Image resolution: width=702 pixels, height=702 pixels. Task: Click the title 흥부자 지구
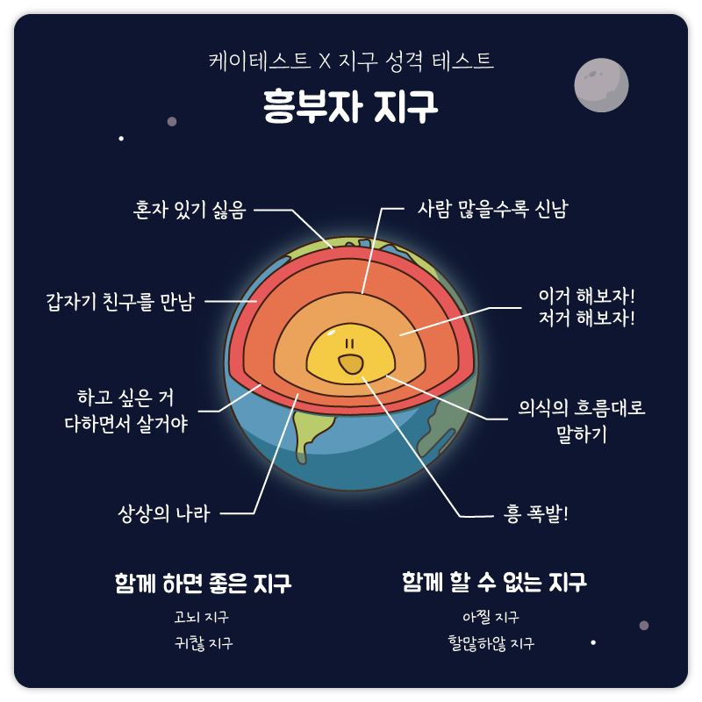click(x=351, y=106)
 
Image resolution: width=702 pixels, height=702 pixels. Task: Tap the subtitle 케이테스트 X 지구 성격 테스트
click(x=351, y=61)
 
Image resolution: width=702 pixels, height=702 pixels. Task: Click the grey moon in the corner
click(x=601, y=85)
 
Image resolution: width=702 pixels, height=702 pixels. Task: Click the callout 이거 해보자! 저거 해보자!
click(x=586, y=306)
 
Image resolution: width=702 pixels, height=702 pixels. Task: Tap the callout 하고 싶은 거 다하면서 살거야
click(x=126, y=411)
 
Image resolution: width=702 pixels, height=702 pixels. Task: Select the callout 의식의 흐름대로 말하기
click(x=581, y=420)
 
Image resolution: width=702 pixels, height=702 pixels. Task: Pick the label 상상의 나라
click(x=164, y=514)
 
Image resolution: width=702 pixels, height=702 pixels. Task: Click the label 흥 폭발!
click(x=537, y=514)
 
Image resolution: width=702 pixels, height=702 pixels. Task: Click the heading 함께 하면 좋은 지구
click(x=203, y=584)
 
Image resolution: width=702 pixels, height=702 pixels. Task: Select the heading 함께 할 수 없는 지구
click(x=494, y=582)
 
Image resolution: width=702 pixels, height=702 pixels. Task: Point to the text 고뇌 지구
click(x=202, y=617)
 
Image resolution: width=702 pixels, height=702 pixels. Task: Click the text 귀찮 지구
click(x=204, y=643)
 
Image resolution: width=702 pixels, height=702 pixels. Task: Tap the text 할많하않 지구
click(x=491, y=643)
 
